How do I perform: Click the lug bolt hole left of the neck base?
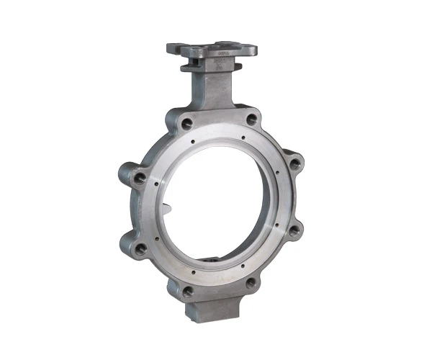click(187, 125)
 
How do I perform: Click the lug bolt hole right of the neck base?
click(251, 120)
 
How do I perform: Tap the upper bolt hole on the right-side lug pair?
click(291, 162)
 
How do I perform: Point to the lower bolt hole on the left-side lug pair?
click(141, 248)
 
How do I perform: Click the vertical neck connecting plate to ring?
click(212, 90)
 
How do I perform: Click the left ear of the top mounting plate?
click(173, 48)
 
